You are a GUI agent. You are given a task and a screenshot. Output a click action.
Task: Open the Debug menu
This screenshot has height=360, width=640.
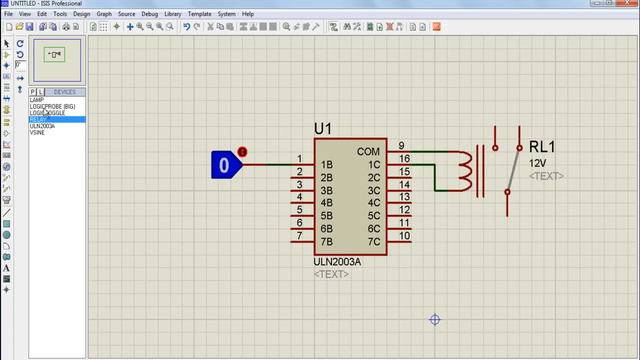tap(150, 15)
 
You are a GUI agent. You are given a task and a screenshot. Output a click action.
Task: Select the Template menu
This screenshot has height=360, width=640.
tap(200, 15)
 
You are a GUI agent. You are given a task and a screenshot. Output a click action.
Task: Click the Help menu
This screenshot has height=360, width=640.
tap(248, 15)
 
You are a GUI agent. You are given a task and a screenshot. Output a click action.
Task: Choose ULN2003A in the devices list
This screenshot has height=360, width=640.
tap(42, 126)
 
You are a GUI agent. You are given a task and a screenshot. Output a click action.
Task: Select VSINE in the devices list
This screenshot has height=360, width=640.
tap(38, 132)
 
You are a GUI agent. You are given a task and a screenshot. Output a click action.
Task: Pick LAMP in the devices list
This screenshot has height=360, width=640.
tap(36, 100)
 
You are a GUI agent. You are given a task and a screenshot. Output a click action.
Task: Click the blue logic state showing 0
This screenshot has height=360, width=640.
tap(225, 164)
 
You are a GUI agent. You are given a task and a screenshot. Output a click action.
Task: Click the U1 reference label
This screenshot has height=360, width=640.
tap(323, 129)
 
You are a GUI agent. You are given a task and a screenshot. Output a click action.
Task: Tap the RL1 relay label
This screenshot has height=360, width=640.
tap(543, 147)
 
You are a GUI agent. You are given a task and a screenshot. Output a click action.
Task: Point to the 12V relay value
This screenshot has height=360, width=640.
tap(538, 163)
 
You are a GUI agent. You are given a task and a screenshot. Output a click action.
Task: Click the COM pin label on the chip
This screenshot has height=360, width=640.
tap(368, 152)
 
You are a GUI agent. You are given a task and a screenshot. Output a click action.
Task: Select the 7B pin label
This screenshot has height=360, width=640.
tap(326, 242)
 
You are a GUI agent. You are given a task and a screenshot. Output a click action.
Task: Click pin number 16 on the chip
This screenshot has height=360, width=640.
tap(403, 159)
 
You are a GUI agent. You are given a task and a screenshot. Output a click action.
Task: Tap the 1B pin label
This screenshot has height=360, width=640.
tap(326, 164)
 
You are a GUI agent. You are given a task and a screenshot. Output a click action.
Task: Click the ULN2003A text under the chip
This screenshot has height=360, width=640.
tap(336, 262)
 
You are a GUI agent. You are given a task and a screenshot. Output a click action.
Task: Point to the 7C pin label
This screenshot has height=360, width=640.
tap(374, 242)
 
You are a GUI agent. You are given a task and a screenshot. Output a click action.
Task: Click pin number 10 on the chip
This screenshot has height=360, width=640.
tap(403, 237)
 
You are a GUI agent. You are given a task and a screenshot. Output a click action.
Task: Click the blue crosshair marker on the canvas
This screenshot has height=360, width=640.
tap(435, 320)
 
